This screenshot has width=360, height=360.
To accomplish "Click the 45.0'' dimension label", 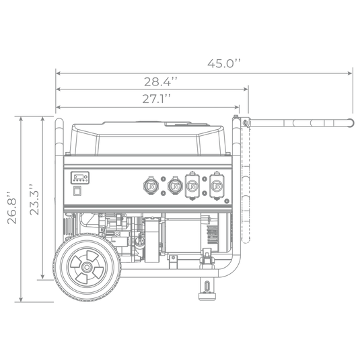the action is pos(224,63).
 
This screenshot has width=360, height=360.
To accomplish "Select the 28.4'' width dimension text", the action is pos(161,81).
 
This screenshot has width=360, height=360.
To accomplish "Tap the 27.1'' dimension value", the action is pos(157,99).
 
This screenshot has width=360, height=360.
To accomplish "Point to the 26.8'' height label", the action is pos(12,207).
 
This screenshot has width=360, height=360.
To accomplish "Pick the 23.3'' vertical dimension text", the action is pos(34,199).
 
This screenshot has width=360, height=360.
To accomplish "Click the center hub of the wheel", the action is pos(87,267).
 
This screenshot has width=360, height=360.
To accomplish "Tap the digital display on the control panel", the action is pos(79,178).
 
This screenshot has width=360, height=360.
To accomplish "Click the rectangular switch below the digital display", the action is pos(77,191).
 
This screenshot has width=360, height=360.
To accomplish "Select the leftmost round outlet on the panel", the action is pos(151,186).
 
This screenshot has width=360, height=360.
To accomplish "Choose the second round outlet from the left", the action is pos(175,186).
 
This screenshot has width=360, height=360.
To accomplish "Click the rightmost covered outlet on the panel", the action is pos(216,186).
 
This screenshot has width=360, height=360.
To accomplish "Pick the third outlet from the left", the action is pos(192,186).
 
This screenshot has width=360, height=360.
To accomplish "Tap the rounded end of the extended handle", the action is pos(351,123).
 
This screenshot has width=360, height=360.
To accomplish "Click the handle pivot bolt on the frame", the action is pos(245,122).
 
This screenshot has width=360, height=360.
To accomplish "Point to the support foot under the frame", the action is pos(207,289).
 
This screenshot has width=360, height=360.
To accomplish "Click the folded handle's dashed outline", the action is pos(246,184).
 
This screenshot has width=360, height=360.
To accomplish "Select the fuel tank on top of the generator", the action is pos(147,139).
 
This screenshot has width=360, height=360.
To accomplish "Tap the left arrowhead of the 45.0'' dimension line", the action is pos(58,73).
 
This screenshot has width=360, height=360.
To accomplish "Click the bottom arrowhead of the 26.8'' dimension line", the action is pos(21,299).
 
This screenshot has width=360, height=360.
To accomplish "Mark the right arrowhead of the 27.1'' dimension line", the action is pos(237,107).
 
